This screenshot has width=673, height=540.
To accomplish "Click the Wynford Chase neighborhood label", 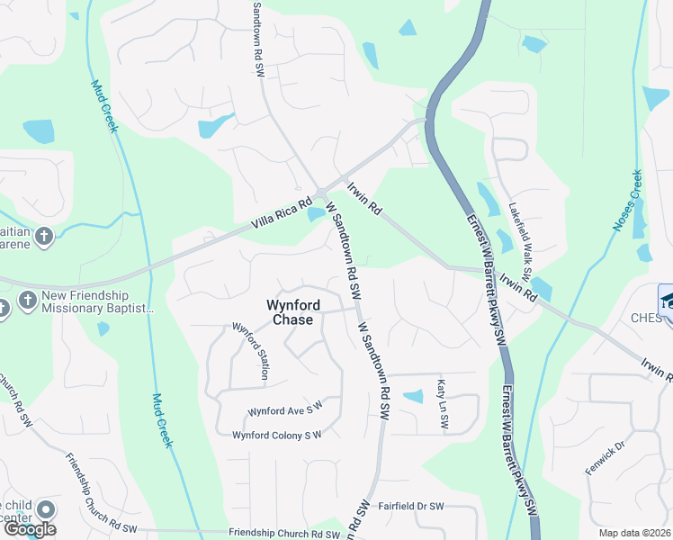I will pos(291,312).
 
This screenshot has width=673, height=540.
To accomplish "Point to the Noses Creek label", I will pos(628,201).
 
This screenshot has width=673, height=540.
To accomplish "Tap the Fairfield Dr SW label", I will pos(410,507).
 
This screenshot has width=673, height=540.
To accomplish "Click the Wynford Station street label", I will pos(251,351).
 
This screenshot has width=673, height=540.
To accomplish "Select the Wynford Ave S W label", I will pos(284,412).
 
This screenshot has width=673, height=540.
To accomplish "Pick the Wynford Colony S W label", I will pos(277,436).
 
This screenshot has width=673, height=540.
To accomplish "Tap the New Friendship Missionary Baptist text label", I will pos(97,301).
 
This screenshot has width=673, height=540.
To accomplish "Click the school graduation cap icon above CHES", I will pos(669,297).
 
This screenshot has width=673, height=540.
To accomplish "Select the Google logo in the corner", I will pos(29,529).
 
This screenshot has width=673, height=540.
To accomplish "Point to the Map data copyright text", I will pos(635,533).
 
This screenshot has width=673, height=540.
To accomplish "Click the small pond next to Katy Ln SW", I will pos(413,396).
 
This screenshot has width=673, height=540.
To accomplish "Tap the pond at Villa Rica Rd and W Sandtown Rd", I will pos(315,214).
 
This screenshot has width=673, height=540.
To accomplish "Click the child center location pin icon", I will pos(45,509).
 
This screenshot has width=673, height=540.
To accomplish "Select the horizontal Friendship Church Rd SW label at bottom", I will pos(284,534).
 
